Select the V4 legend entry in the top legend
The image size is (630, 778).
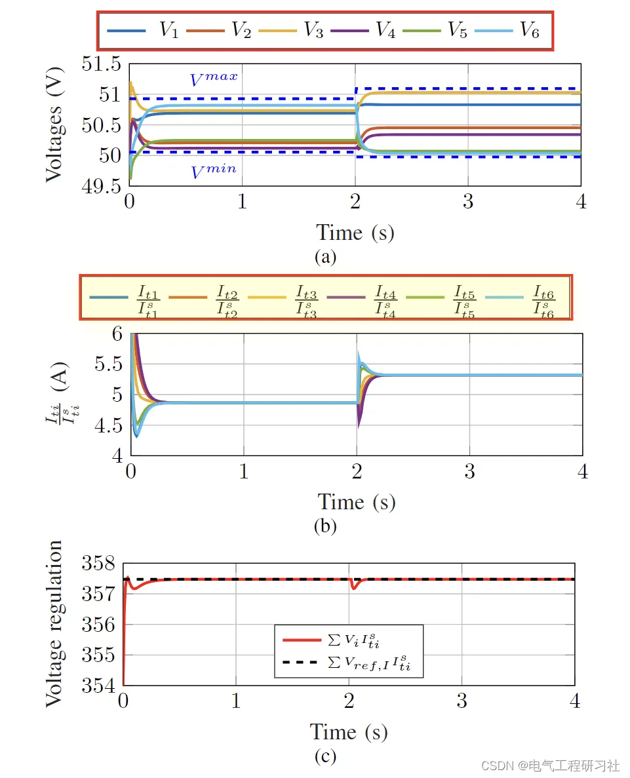(x=363, y=30)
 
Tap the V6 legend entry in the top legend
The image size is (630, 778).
(x=509, y=30)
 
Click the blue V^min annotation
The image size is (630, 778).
(x=214, y=172)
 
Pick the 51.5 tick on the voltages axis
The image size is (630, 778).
(x=102, y=64)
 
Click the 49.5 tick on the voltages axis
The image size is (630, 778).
(x=102, y=186)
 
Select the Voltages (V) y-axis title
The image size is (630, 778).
(x=56, y=125)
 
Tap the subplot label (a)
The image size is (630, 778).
(x=325, y=256)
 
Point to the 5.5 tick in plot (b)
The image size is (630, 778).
(x=108, y=364)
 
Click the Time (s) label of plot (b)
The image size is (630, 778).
(x=357, y=502)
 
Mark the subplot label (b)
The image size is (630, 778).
(x=325, y=526)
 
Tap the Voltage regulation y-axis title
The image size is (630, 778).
(x=55, y=624)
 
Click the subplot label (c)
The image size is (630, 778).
(x=325, y=756)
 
